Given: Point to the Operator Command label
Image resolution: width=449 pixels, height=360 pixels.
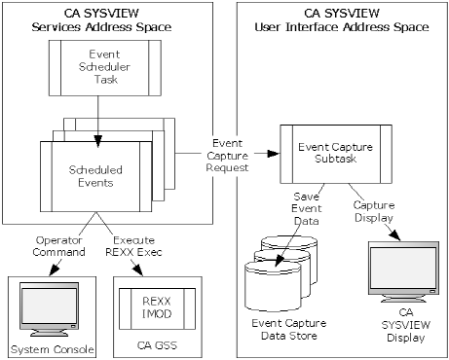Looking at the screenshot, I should (x=47, y=244).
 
